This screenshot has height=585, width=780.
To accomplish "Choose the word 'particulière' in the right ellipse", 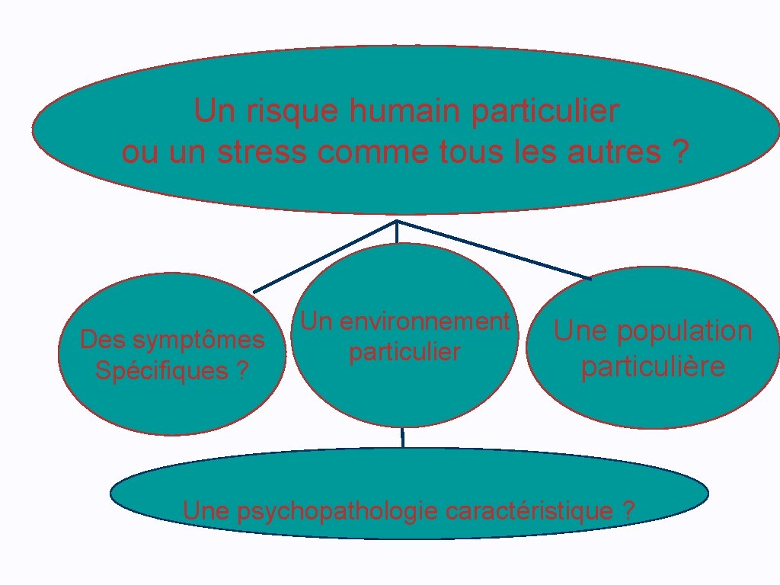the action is [653, 366].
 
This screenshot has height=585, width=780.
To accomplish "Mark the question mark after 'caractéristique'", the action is [628, 511].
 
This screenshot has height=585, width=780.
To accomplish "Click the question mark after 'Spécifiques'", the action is [242, 371].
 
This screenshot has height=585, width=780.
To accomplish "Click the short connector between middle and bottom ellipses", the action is [402, 437].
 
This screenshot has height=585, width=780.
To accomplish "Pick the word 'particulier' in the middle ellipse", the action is [404, 353].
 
